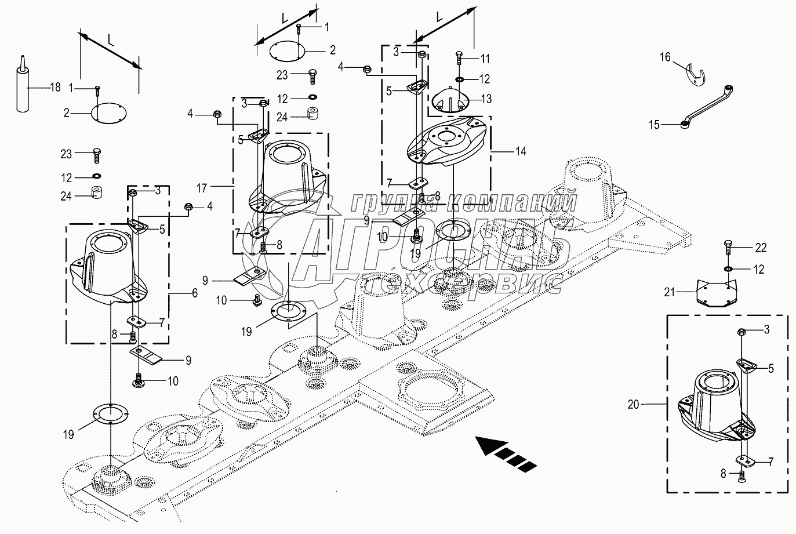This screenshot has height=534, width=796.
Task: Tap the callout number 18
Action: [x=56, y=88]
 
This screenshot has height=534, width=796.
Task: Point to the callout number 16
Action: [x=665, y=57]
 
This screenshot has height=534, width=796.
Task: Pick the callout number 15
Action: [x=654, y=125]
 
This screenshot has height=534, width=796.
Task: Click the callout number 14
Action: [x=521, y=152]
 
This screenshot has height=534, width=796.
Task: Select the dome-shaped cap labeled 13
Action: [x=449, y=101]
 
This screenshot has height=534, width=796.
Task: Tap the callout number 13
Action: [x=486, y=99]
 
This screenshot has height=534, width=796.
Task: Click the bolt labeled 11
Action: [x=459, y=58]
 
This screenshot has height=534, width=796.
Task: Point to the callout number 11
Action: [x=485, y=59]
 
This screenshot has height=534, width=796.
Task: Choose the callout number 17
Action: [x=202, y=188]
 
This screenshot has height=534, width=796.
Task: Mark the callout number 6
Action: [x=195, y=293]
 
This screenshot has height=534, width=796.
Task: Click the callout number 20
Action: [x=633, y=405]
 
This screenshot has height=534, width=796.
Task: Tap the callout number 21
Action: [x=670, y=292]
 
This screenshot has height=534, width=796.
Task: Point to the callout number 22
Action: [x=761, y=248]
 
